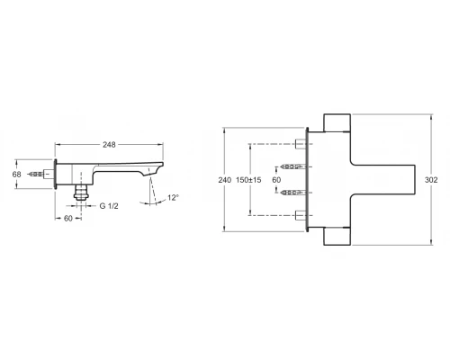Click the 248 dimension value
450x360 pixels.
(x=109, y=145)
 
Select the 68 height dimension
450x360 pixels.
(x=17, y=174)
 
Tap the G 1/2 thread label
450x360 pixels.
(x=109, y=206)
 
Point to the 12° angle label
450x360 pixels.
(x=174, y=198)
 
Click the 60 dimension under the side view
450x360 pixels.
(x=68, y=219)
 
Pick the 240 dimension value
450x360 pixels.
(x=225, y=180)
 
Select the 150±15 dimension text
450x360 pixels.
(x=248, y=180)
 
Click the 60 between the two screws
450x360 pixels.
(x=276, y=180)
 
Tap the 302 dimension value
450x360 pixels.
(x=431, y=180)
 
